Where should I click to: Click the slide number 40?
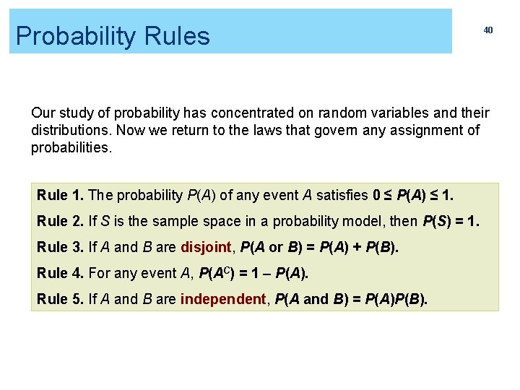(x=488, y=30)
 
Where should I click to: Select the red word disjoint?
(x=206, y=247)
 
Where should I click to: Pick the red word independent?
(x=223, y=299)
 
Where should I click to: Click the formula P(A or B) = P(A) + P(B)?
(x=319, y=247)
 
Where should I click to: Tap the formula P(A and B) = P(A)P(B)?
(x=352, y=299)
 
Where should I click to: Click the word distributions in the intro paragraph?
(x=66, y=131)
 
